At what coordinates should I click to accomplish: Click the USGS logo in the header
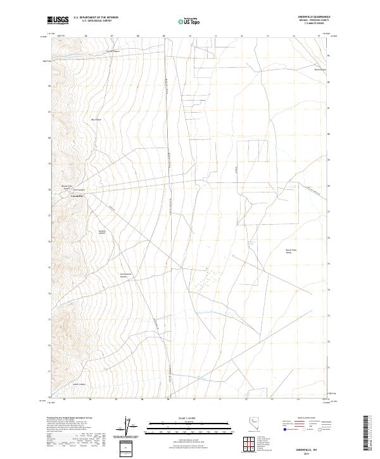point(58,20)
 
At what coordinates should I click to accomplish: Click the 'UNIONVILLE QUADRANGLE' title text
point(317,17)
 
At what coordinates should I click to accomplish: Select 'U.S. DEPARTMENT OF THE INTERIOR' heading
point(96,18)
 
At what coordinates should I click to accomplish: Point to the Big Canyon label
point(97,119)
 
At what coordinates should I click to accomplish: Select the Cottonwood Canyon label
point(125,275)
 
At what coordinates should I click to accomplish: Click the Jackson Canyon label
point(101,232)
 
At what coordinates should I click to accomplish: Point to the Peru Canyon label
point(78,189)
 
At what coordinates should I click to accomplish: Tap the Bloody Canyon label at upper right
point(320,70)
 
